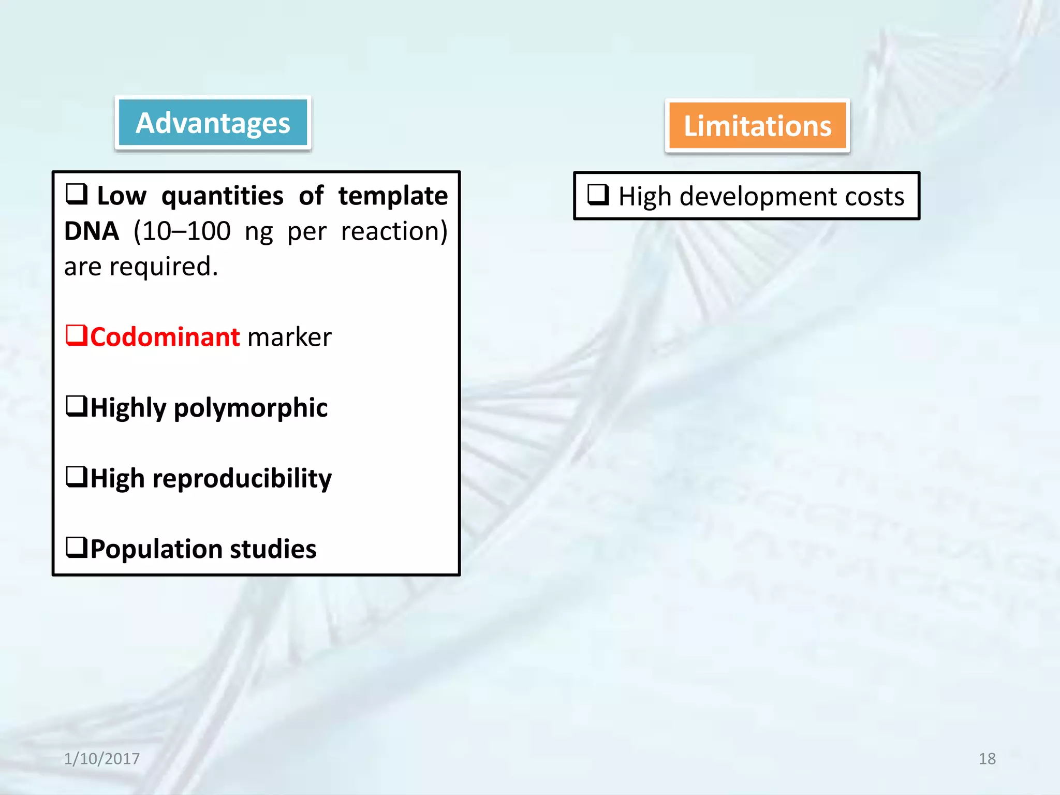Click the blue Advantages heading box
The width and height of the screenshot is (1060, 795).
[213, 123]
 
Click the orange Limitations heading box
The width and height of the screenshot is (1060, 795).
[757, 126]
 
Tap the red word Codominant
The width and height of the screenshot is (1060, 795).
[165, 337]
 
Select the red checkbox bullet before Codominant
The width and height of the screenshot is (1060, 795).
[76, 335]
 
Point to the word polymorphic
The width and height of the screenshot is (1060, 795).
[251, 408]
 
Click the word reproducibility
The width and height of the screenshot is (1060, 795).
[242, 479]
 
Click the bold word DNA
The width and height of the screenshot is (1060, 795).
[92, 231]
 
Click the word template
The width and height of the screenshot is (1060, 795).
[393, 196]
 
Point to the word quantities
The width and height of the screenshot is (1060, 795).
[222, 196]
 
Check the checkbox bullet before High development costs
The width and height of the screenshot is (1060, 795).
[598, 195]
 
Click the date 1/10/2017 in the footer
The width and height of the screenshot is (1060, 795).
[101, 759]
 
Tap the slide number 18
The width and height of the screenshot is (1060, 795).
[987, 759]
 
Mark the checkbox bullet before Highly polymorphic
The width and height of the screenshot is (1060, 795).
[76, 406]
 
